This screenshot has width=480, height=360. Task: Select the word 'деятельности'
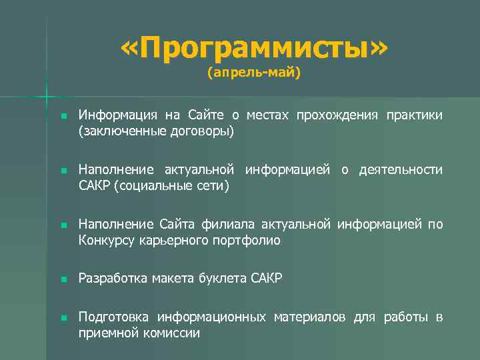coord(401,170)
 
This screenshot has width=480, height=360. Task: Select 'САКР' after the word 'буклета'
coord(267,278)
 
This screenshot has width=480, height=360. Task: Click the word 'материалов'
coord(310,317)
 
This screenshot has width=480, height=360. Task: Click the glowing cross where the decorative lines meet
coord(47,97)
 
